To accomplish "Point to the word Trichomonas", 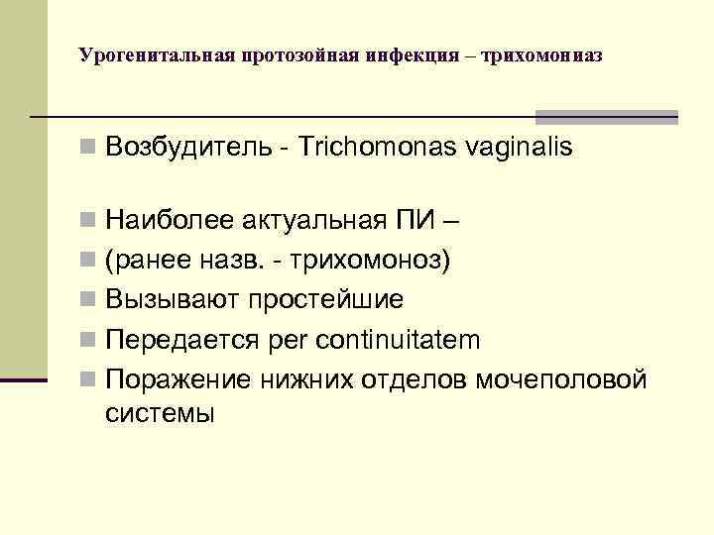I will (367, 149).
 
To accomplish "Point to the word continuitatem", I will (396, 341).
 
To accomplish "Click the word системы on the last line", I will (159, 412).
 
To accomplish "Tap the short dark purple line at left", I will (23, 380).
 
